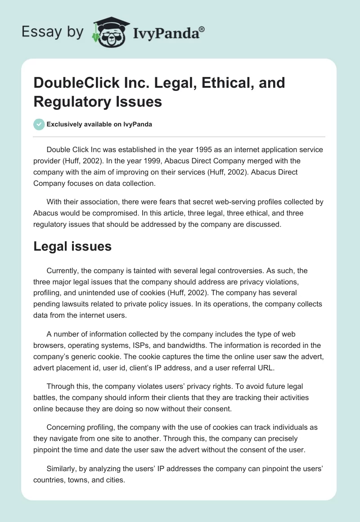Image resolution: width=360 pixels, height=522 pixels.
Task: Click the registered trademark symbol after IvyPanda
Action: click(202, 28)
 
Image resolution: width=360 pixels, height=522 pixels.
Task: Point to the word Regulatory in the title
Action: click(71, 101)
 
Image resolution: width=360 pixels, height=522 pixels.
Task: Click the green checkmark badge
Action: click(39, 124)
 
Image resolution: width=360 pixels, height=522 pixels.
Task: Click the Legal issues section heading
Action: click(72, 246)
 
